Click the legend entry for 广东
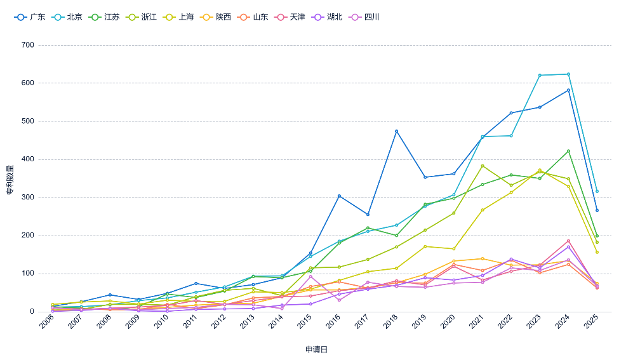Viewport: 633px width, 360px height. tap(30, 17)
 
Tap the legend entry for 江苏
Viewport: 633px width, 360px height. tap(105, 17)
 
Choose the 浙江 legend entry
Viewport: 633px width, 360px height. tap(142, 17)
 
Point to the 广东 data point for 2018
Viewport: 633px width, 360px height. tap(396, 131)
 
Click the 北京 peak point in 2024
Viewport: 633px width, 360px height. tap(568, 74)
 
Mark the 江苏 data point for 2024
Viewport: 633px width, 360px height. tap(568, 151)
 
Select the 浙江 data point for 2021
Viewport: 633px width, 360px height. tap(483, 166)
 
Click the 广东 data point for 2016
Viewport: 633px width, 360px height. tap(339, 196)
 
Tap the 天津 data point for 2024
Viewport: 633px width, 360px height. tap(568, 241)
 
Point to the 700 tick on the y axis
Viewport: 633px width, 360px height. tap(27, 45)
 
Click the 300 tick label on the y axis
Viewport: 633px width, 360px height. tap(27, 197)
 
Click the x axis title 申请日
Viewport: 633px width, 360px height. tap(316, 349)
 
